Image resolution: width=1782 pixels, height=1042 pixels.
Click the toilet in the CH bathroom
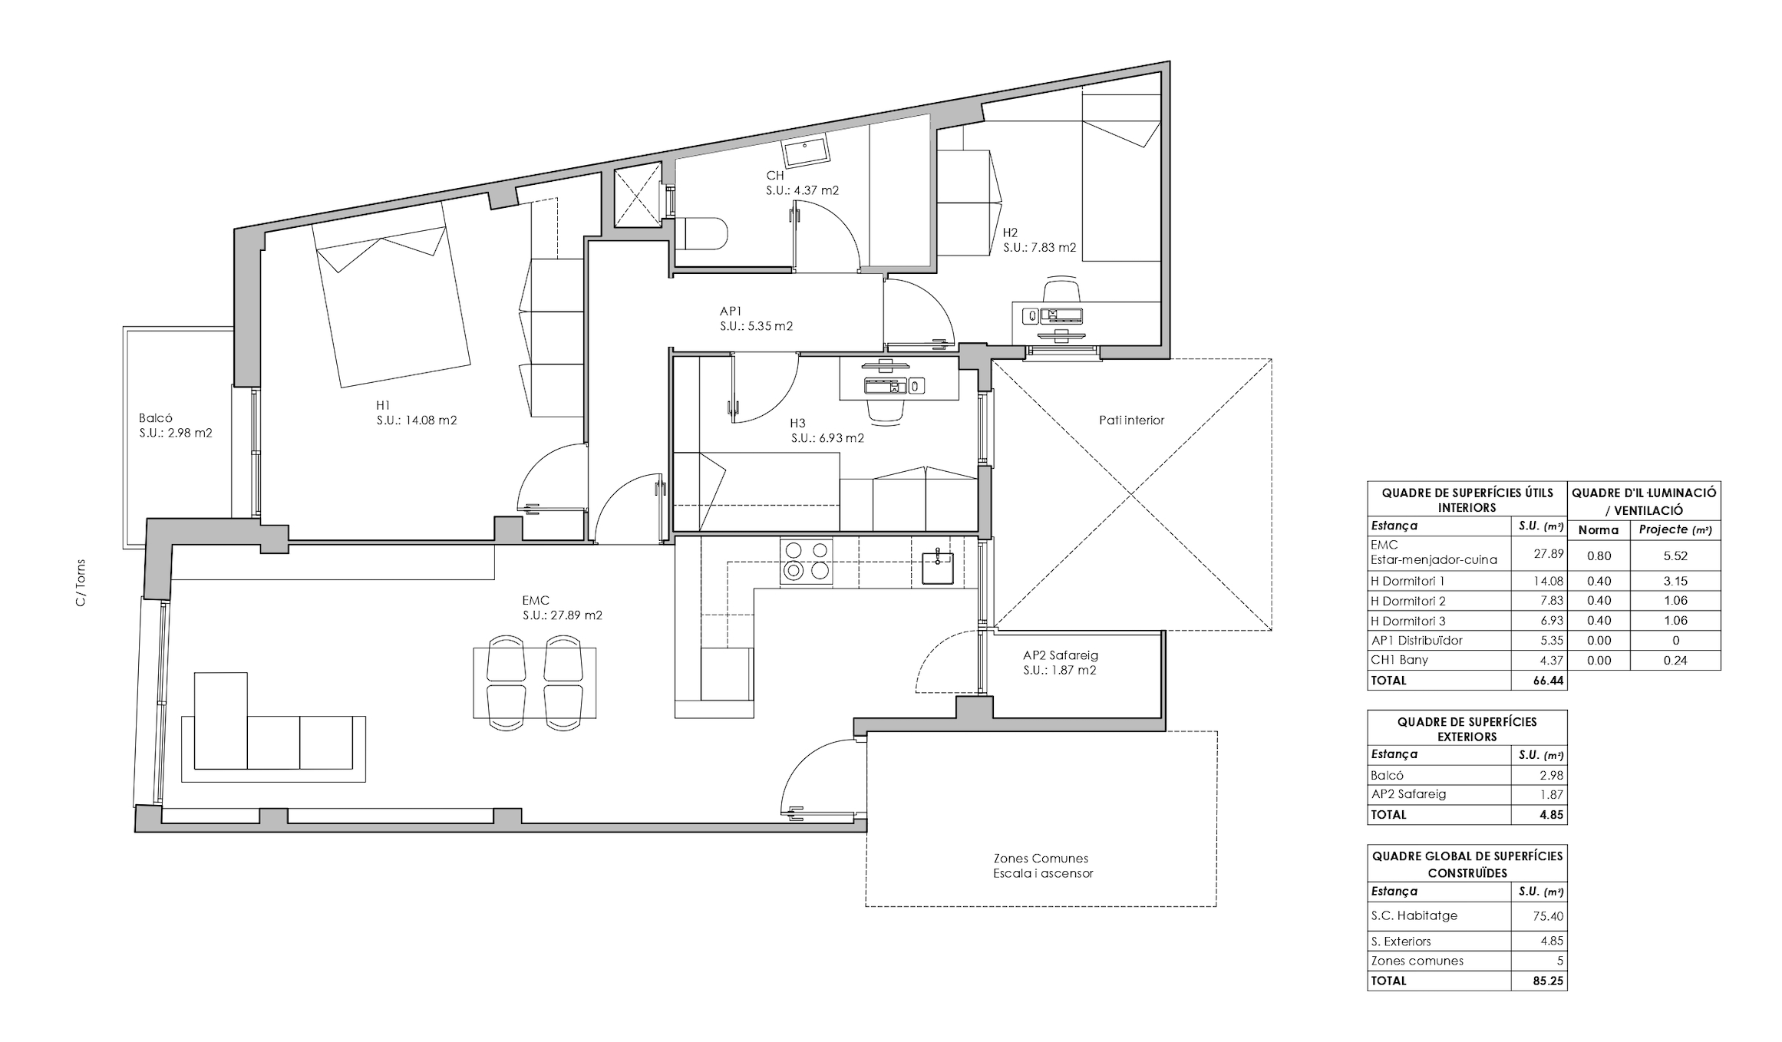click(701, 234)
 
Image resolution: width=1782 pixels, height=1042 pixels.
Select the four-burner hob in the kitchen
click(807, 562)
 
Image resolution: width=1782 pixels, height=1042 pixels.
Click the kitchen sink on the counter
click(938, 567)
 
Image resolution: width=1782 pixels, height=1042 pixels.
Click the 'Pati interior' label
click(1131, 420)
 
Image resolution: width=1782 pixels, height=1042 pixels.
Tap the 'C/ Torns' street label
click(81, 583)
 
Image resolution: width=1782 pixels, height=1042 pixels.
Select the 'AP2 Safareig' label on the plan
click(1060, 655)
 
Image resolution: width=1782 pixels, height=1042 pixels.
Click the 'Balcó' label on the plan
click(156, 418)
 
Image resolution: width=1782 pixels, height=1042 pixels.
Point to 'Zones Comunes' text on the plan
click(1041, 859)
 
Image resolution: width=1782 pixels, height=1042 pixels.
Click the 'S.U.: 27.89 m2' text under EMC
click(563, 615)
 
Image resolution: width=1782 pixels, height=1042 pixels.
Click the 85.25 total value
click(1548, 981)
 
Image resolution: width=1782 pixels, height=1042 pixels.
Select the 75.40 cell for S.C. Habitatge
click(1549, 916)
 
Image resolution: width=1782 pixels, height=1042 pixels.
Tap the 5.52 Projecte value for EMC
click(1675, 556)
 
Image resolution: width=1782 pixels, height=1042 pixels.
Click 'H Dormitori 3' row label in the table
click(1407, 621)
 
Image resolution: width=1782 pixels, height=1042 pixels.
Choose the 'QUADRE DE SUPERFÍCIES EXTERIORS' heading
click(1467, 729)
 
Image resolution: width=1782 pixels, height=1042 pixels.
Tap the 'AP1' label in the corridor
click(731, 312)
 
